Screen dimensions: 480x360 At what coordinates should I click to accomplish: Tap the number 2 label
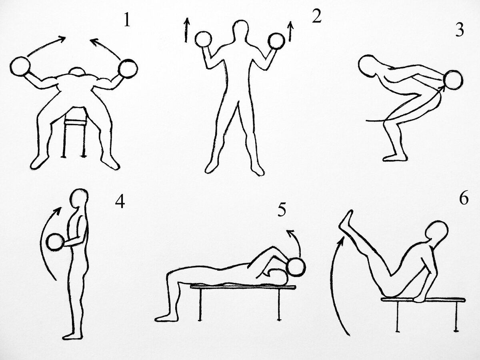point(316,16)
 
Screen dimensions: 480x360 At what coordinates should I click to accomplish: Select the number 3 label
point(460,30)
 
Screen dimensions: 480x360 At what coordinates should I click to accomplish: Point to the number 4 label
point(120,201)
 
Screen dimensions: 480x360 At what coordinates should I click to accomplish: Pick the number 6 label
point(464,198)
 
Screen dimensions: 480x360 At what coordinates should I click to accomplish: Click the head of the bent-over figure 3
point(368,65)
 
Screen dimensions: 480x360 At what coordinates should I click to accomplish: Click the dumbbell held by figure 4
point(55,242)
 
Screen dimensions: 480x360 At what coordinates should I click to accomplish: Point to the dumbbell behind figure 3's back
point(453,80)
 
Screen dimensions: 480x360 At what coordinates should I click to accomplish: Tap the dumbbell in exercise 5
point(296,267)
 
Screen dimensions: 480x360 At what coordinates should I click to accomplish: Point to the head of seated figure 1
point(77,71)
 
